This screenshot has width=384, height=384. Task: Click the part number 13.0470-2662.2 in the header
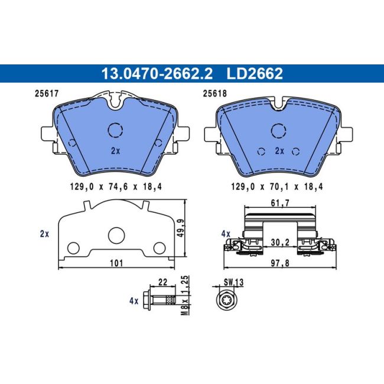(x=157, y=73)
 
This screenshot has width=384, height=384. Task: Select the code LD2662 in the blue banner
(x=255, y=73)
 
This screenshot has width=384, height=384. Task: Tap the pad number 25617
(x=47, y=93)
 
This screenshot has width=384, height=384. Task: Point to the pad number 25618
(x=215, y=93)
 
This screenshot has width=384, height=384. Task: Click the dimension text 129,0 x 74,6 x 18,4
(x=116, y=187)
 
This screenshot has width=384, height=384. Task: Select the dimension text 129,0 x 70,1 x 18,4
(x=277, y=187)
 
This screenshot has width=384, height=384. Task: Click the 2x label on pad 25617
(x=115, y=151)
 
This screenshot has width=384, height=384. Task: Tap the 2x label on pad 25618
(x=279, y=151)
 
